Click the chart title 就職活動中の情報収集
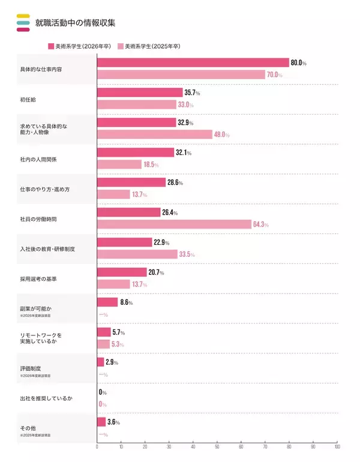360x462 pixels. point(76,23)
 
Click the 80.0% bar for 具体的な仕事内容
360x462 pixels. point(193,63)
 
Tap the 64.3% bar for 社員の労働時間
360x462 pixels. point(174,224)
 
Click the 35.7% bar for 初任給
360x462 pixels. point(140,92)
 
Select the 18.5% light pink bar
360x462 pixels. point(119,164)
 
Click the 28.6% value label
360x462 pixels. point(175,182)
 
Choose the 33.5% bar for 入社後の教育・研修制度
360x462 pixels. point(137,254)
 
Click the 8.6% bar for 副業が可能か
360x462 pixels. point(107,302)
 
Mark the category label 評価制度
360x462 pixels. point(31,368)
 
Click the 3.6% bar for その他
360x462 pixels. point(101,422)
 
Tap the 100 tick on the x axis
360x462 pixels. point(337,447)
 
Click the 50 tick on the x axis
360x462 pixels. point(217,447)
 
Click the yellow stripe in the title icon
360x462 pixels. point(23,16)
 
